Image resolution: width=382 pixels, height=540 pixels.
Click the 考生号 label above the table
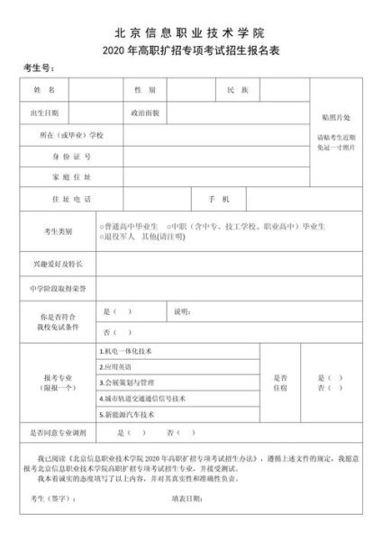[40, 69]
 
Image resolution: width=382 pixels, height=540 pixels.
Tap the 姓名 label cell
[45, 91]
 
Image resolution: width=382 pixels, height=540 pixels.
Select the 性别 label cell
[144, 91]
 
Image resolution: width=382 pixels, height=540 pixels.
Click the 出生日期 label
[45, 113]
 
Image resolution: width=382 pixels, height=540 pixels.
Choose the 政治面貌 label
[145, 113]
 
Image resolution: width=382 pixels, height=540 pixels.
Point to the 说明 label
[179, 312]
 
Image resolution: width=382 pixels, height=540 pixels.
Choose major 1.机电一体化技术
[127, 351]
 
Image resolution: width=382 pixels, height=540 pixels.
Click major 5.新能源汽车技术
[127, 415]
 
